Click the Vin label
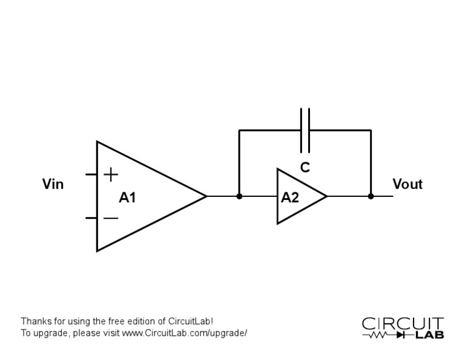pos(53,184)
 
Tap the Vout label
pos(407,184)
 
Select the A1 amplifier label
pos(127,198)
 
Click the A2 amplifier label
pos(290,198)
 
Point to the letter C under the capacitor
pos(305,168)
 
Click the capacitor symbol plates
pos(305,130)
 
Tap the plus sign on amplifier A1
pos(111,175)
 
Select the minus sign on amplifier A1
pos(111,218)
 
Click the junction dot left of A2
pos(239,196)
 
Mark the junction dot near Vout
pos(371,196)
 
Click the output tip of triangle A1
pos(206,196)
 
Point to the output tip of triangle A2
pos(326,196)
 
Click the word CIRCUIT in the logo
pos(403,324)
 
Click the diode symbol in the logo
pos(400,335)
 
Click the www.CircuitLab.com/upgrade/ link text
pos(184,333)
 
